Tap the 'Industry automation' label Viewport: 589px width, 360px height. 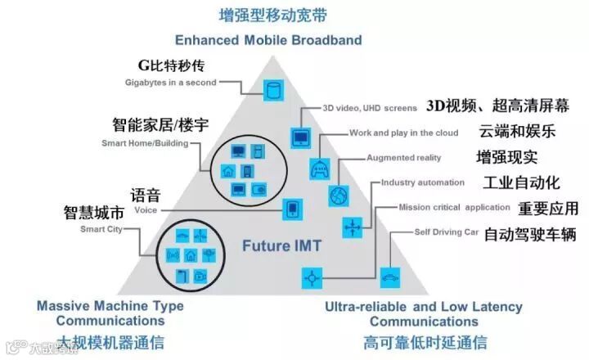tap(423, 182)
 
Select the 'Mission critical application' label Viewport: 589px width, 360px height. tap(454, 207)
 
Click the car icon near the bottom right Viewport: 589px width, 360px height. tap(390, 277)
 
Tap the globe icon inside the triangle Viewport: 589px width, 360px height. tap(339, 196)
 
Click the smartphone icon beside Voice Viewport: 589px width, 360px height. tap(291, 210)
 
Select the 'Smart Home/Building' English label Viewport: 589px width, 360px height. tap(145, 144)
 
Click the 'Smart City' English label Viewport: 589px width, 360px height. tap(100, 230)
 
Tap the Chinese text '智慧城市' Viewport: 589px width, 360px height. tap(94, 214)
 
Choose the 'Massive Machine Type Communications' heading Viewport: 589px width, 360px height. tap(110, 313)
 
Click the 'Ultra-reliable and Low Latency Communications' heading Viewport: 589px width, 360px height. tap(423, 313)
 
